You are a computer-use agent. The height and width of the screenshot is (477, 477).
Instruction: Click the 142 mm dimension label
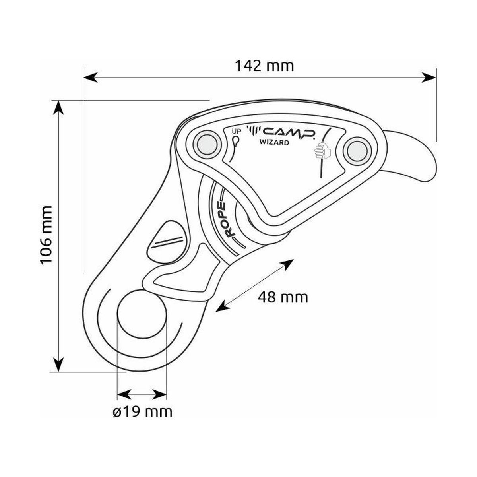pyautogui.click(x=264, y=66)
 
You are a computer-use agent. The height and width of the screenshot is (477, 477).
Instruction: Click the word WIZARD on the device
pyautogui.click(x=274, y=142)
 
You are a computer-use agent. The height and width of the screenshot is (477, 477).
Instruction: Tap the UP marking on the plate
pyautogui.click(x=235, y=131)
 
